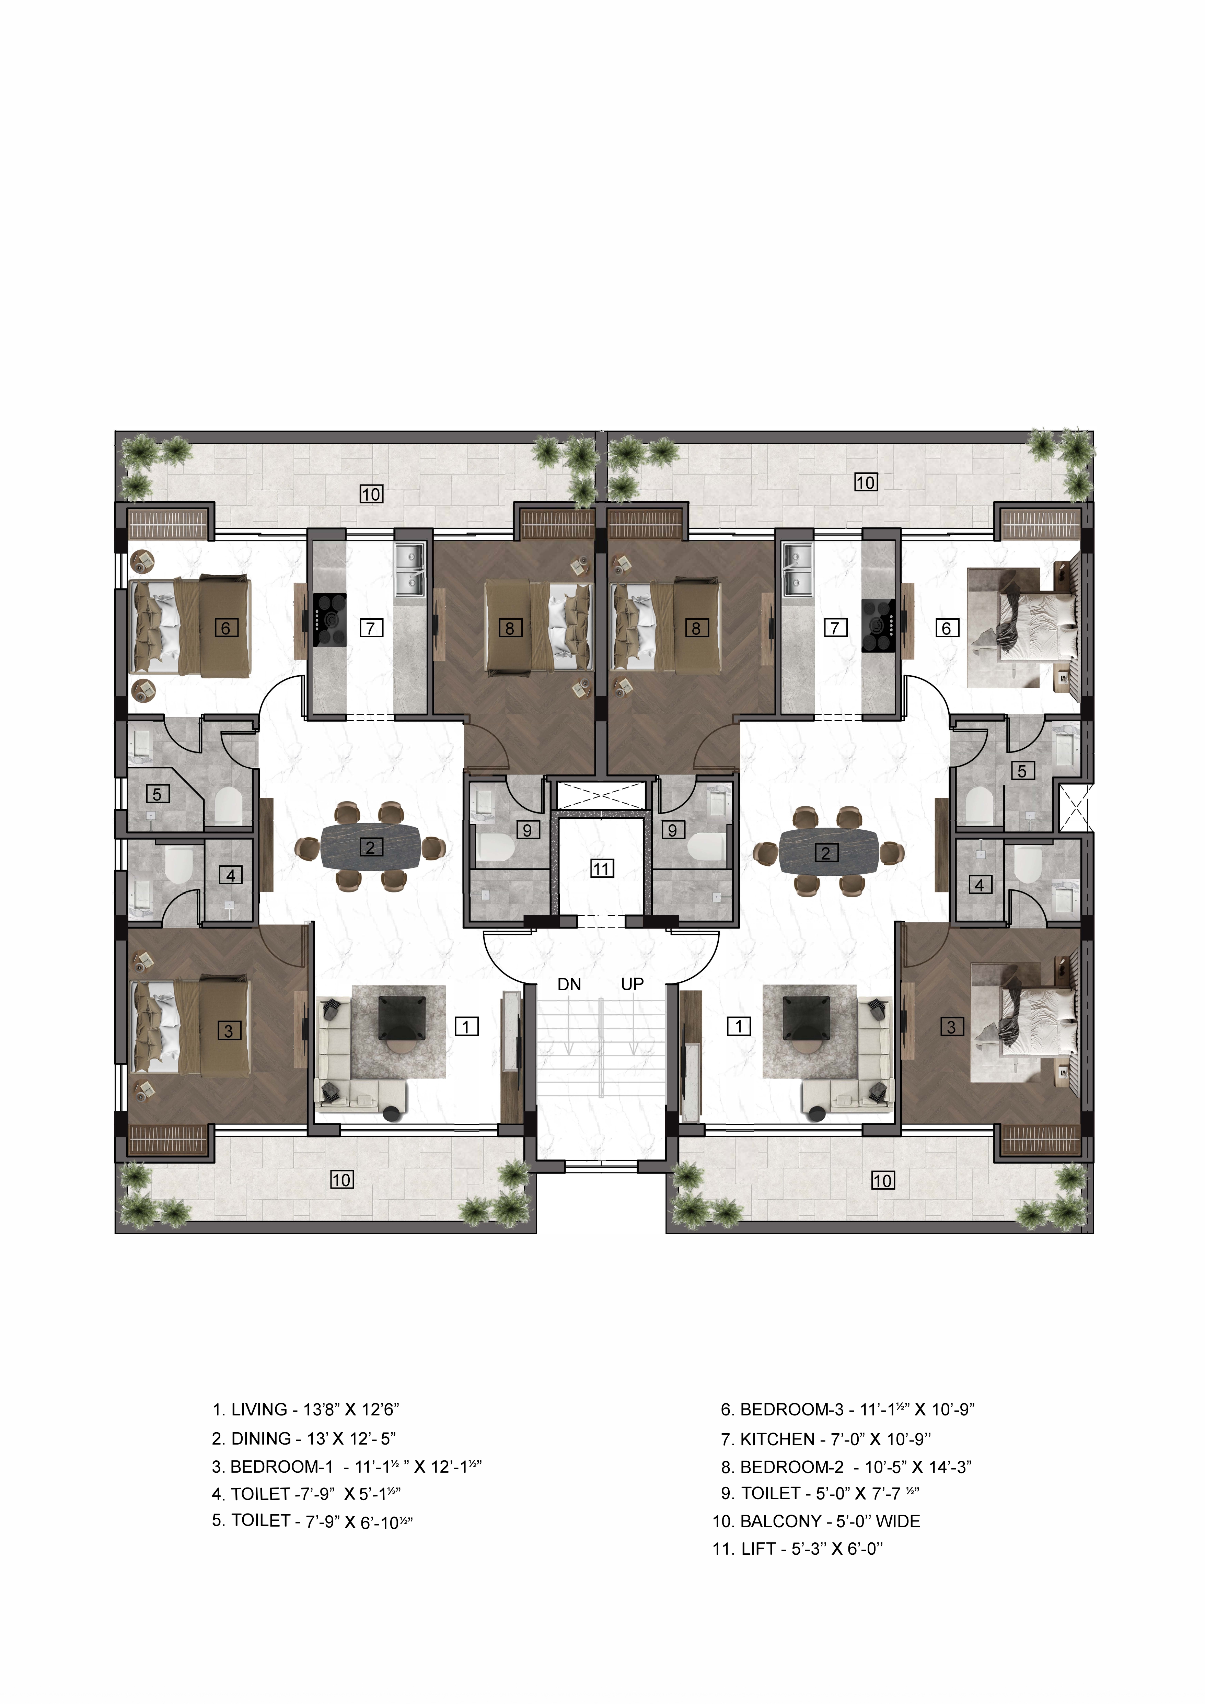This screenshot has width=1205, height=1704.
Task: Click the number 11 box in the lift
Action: click(601, 868)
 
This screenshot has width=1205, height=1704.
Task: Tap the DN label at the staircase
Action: click(569, 985)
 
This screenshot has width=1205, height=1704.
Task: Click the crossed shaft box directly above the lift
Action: click(601, 795)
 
